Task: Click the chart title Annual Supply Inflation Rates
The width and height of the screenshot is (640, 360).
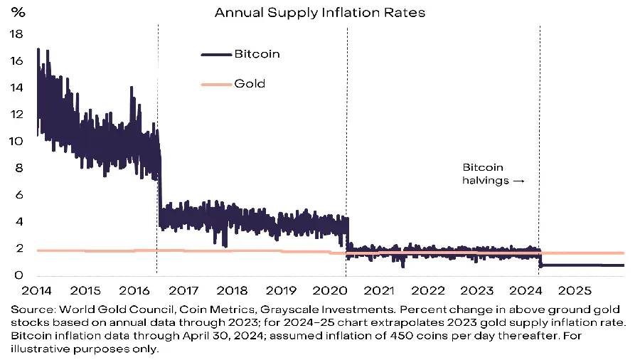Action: [x=320, y=13]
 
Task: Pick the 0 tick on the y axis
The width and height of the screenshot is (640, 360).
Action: [x=20, y=276]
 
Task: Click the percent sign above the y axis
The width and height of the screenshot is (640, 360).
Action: [x=15, y=13]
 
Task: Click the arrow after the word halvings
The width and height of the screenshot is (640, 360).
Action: [x=518, y=181]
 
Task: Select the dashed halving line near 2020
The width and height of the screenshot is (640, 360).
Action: [x=346, y=107]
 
